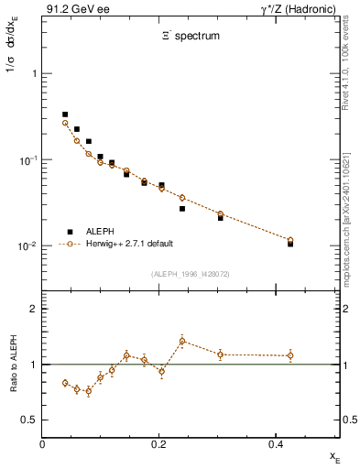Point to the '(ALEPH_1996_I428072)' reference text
(191, 273)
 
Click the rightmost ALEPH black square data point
(290, 244)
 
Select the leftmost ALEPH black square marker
(65, 115)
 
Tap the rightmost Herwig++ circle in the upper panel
(290, 240)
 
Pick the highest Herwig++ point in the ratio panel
(182, 342)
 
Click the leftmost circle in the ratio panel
(65, 383)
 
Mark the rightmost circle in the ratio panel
(290, 355)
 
